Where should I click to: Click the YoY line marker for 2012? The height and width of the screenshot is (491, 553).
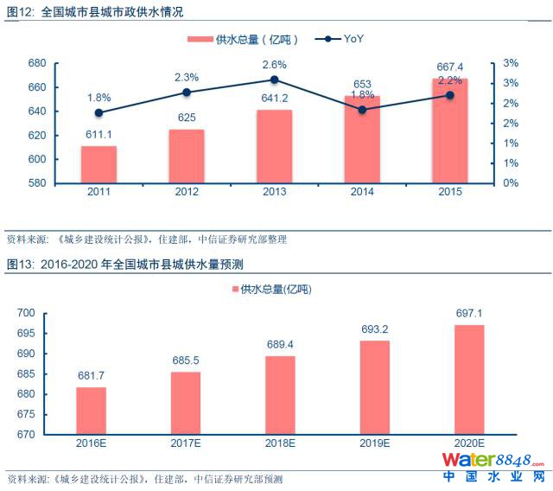(187, 92)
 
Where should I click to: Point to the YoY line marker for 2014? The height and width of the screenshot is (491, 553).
(362, 110)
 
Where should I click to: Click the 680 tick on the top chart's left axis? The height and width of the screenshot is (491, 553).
(36, 63)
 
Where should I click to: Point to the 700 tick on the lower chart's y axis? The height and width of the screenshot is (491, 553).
(28, 313)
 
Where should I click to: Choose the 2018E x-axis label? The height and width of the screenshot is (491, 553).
(281, 443)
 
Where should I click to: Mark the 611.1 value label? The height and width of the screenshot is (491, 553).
(99, 135)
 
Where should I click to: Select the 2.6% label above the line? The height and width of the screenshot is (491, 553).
(275, 65)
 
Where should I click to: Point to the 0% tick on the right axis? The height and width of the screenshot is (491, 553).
(511, 182)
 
